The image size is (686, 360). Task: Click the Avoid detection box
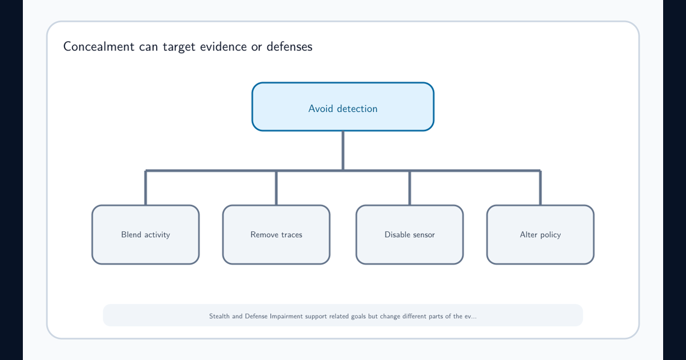coord(342,107)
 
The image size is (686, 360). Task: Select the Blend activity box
coord(145,234)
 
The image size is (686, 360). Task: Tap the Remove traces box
coord(276,234)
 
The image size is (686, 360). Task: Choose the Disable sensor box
coord(409,234)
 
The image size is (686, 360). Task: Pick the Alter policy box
coord(540,234)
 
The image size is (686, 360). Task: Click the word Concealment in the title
coord(98,46)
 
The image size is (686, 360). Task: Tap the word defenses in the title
coord(289,46)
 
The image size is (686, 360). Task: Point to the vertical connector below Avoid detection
coord(342,151)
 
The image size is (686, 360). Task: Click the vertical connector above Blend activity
coord(145,187)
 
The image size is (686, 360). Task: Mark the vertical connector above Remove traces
coord(276,187)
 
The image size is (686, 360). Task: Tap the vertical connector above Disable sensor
coord(409,187)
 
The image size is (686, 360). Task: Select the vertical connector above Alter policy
coord(540,187)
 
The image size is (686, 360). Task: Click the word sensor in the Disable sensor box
coord(423,235)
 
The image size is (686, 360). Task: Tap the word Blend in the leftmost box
coord(131,234)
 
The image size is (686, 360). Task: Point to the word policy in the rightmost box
coord(551,235)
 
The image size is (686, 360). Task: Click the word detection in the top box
coord(357,109)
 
